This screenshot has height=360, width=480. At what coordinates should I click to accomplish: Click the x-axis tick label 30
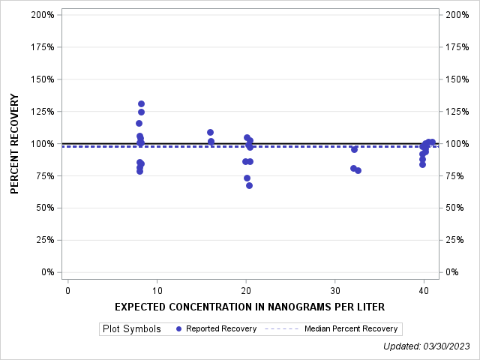334,290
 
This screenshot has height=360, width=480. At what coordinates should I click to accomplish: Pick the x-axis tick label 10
157,290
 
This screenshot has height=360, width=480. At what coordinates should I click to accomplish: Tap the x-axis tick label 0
67,290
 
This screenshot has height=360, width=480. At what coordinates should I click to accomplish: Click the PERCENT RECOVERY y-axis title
15,144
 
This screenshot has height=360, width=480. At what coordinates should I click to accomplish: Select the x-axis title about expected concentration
250,307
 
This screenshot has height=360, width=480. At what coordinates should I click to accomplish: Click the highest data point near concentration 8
141,104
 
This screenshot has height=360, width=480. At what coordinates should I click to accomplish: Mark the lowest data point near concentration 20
249,185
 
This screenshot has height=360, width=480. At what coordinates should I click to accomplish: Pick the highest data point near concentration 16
210,132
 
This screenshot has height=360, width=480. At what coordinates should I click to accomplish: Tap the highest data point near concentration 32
354,149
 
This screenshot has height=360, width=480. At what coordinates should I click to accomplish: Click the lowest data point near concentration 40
422,164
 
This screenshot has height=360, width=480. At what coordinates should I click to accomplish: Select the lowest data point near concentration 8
139,171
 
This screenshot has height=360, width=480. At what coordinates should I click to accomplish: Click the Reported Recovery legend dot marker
178,328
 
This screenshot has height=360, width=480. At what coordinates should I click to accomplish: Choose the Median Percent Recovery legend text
352,328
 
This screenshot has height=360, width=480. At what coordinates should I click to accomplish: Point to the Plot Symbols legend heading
131,328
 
